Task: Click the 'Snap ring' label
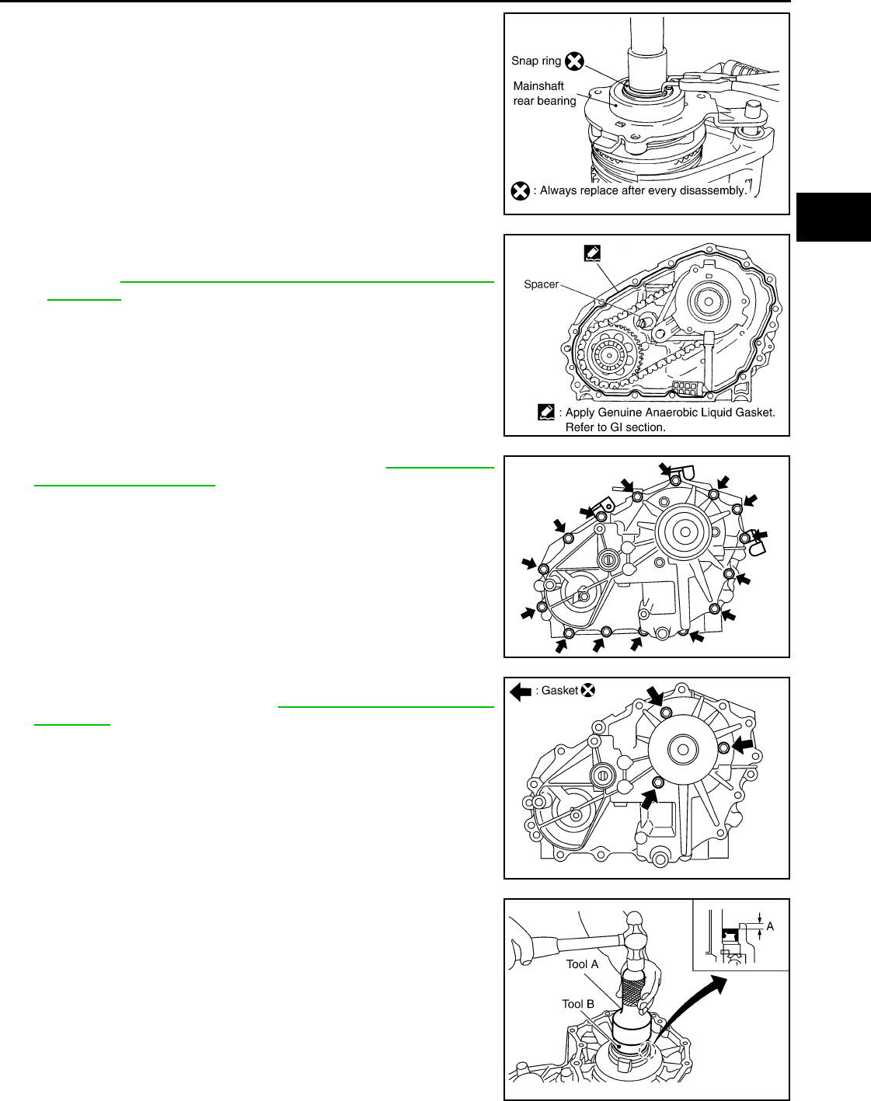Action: coord(536,61)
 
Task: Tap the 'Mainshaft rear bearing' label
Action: coord(545,93)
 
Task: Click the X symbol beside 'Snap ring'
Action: coord(574,61)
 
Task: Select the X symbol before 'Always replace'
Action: coord(520,191)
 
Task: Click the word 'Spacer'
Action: coord(541,284)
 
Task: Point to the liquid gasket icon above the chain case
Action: coord(592,253)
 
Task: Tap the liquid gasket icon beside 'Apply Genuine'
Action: coord(546,413)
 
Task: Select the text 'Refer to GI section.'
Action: coord(615,427)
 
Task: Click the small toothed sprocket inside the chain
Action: coord(609,354)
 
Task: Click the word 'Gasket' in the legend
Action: coord(559,691)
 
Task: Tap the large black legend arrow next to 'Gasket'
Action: coord(521,692)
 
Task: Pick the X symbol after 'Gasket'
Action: coord(588,690)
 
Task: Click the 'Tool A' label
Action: coord(582,964)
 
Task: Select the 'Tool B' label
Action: coord(578,1005)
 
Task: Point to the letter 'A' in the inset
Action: coord(770,926)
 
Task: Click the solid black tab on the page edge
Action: coord(834,217)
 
